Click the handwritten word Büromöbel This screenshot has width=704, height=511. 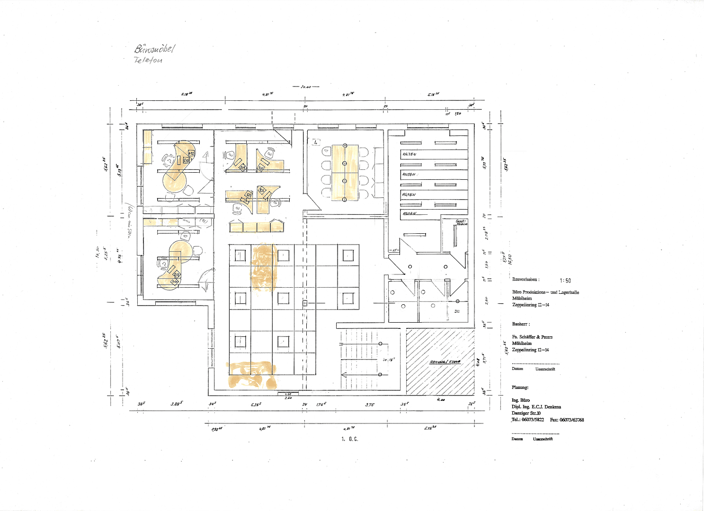coord(155,49)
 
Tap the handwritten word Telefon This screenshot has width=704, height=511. coord(148,60)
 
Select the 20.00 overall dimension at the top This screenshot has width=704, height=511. coord(305,87)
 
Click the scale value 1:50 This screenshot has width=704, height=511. coord(565,281)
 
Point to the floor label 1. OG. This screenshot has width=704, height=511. coord(350,439)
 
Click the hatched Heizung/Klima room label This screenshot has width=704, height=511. coord(445,362)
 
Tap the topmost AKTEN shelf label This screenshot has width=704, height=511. coord(409,155)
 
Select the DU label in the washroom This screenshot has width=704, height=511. coord(457,311)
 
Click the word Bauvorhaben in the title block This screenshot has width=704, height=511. coord(525,280)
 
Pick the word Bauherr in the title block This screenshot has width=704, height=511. coord(520,324)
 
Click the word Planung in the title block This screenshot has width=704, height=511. coord(520,388)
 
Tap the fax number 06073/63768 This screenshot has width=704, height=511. coord(572,420)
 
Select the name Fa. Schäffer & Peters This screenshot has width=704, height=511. coord(532,337)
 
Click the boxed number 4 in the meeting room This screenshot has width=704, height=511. coord(315,141)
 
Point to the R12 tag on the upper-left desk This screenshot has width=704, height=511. coord(191,153)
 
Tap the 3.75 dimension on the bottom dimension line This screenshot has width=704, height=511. coord(369,405)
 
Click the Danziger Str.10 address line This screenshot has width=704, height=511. coord(526,413)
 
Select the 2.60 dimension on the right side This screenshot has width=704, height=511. coord(486,300)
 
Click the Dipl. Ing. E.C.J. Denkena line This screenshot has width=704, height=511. coord(536,407)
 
